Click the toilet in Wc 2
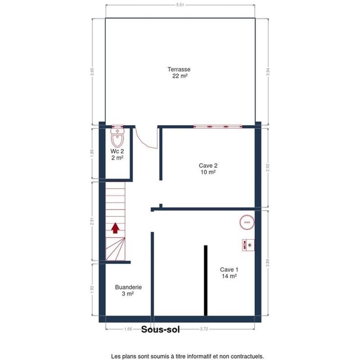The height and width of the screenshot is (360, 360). click(x=117, y=137)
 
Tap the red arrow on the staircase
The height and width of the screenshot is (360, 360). click(x=115, y=228)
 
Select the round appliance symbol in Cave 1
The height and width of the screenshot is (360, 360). click(x=247, y=222)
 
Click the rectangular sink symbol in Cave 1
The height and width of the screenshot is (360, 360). click(x=248, y=245)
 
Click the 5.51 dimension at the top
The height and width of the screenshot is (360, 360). click(x=180, y=5)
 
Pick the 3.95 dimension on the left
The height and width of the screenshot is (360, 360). click(x=92, y=72)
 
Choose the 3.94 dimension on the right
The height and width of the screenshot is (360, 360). click(x=268, y=72)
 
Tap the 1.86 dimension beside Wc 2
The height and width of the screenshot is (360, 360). click(x=92, y=153)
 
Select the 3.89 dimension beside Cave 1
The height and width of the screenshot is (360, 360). click(x=268, y=263)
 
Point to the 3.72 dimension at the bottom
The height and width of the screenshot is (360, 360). click(x=204, y=329)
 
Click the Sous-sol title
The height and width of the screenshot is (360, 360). click(x=161, y=329)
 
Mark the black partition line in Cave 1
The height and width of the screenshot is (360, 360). click(x=206, y=280)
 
